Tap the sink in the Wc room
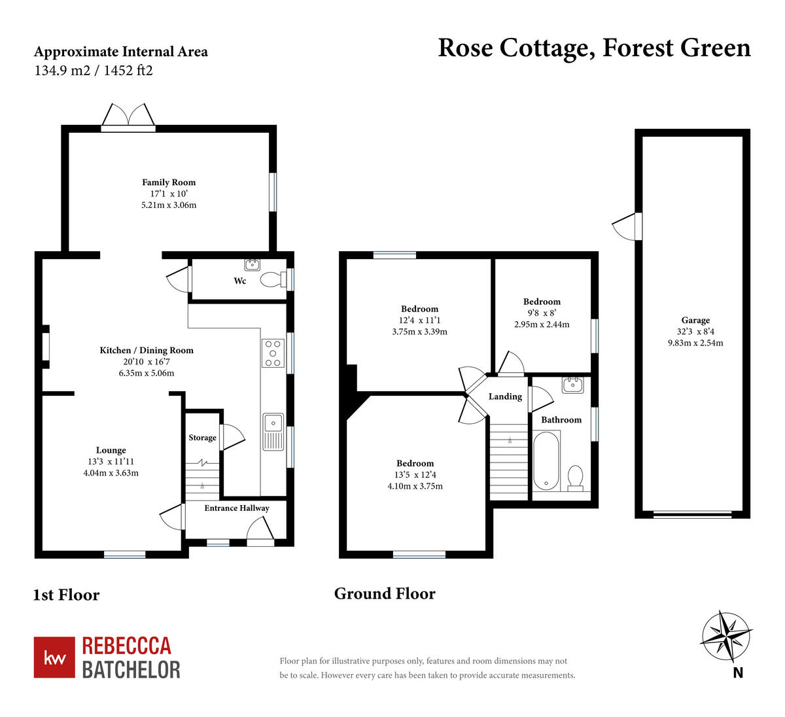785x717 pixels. coord(253,265)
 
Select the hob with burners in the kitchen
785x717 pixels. coord(273,353)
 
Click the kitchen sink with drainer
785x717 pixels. coord(273,432)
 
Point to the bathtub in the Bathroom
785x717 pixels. coord(546,461)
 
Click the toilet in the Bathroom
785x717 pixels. coord(576,477)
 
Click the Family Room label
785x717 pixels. coord(169,183)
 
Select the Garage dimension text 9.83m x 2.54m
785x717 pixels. coord(695,343)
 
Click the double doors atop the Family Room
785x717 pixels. coord(128,116)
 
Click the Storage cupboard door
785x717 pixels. coord(232,437)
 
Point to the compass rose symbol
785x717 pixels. coord(726,637)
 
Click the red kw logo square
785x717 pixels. coord(54,657)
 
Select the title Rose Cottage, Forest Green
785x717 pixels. coord(594,48)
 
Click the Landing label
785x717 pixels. coord(505,396)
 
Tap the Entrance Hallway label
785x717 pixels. coord(237,508)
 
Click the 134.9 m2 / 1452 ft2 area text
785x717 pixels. coord(94,71)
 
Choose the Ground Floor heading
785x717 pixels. coord(385,593)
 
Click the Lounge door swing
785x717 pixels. coord(170,518)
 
